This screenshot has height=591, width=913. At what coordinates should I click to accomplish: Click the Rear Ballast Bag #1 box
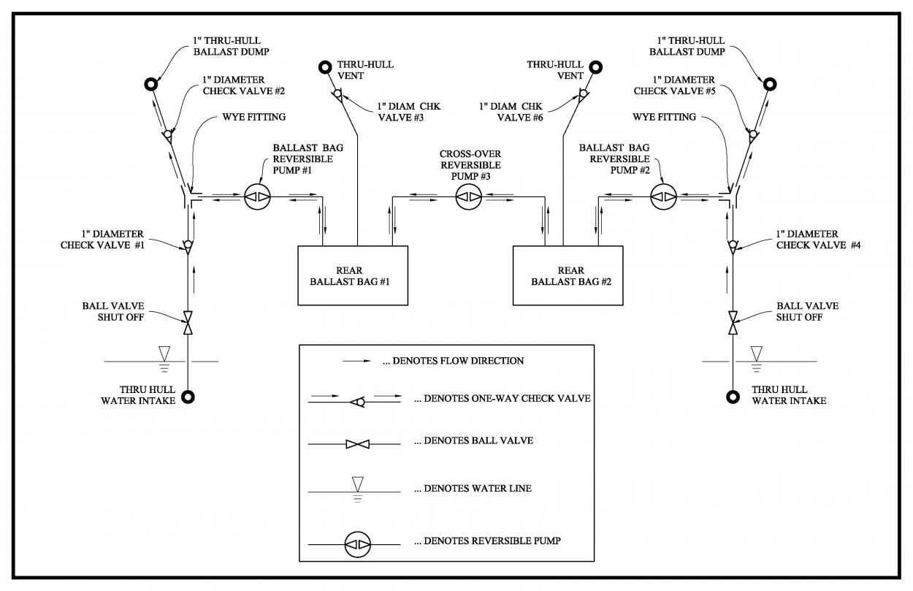tap(352, 275)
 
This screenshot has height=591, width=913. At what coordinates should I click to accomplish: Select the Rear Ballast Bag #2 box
tap(568, 275)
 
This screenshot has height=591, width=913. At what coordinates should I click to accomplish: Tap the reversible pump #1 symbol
tap(257, 197)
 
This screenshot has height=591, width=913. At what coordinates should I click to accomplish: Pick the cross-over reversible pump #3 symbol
tap(469, 197)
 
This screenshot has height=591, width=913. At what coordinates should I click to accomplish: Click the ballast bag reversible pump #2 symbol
tap(664, 197)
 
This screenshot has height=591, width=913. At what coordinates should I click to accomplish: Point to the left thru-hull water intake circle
tap(188, 397)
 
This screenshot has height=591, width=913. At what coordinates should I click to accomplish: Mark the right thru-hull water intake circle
tap(733, 397)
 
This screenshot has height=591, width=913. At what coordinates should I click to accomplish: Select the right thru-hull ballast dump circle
tap(769, 83)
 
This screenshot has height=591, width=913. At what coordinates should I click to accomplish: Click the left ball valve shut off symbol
tap(188, 321)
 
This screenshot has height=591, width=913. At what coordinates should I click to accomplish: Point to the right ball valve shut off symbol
tap(733, 321)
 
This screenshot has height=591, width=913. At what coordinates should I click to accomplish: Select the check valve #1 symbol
tap(188, 246)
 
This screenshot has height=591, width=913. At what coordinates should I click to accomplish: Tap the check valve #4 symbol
tap(733, 246)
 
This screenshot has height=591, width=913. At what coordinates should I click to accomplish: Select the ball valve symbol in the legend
tap(358, 443)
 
